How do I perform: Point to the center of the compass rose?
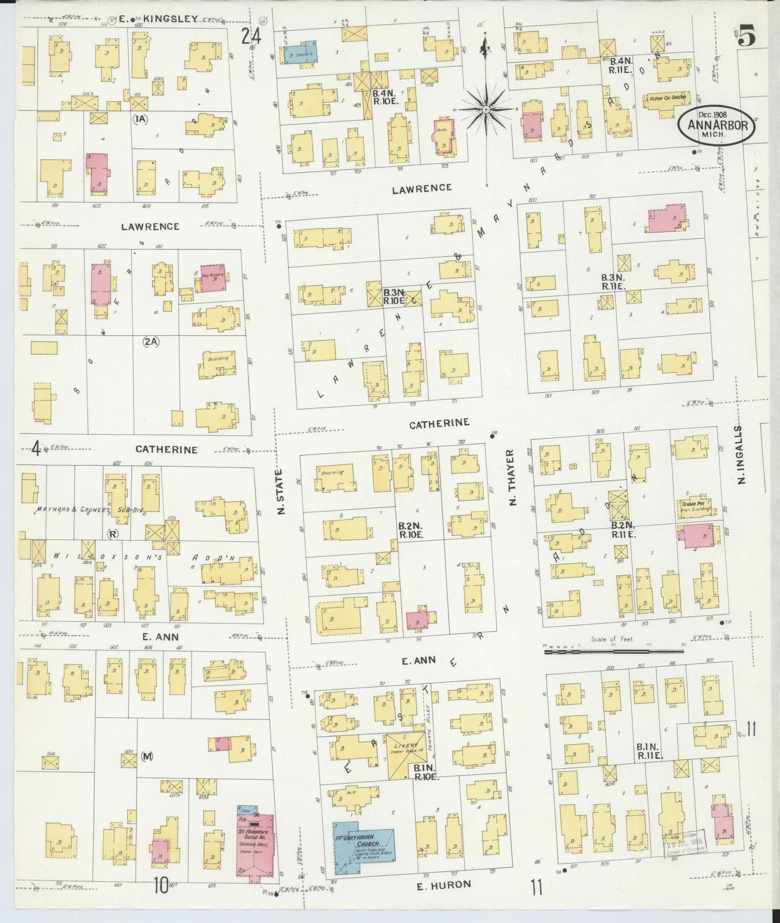pyautogui.click(x=486, y=110)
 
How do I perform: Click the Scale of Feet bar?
pyautogui.click(x=614, y=651)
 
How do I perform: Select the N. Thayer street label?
pyautogui.click(x=512, y=478)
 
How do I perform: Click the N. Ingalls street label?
pyautogui.click(x=741, y=454)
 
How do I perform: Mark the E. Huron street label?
pyautogui.click(x=444, y=884)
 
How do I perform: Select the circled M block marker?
pyautogui.click(x=147, y=757)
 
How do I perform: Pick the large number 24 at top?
pyautogui.click(x=251, y=36)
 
